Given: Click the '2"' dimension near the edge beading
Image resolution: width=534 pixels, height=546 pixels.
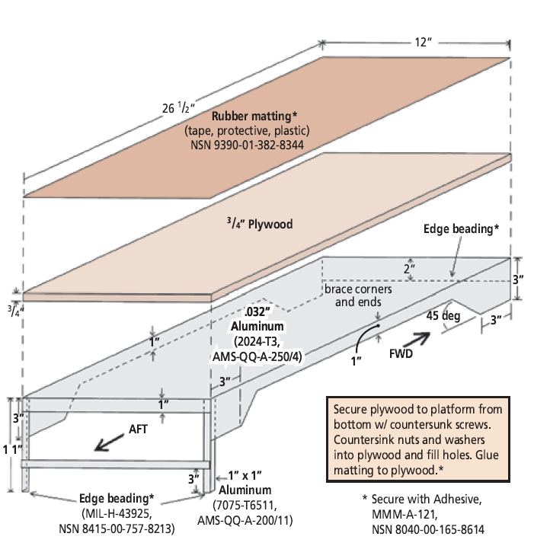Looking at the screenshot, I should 410,269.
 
